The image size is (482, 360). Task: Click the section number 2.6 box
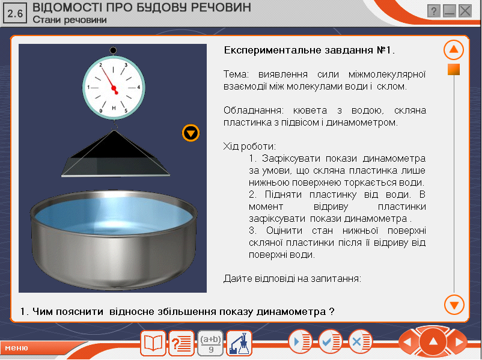point(15,13)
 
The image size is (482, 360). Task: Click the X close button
point(465,11)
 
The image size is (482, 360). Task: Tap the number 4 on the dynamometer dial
point(139,87)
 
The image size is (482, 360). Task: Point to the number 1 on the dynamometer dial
point(88,87)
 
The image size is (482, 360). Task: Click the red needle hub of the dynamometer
point(114,89)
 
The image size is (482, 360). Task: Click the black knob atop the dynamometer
point(113,50)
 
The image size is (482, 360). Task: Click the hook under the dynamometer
point(115,125)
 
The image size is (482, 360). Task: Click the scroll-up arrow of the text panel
point(454,50)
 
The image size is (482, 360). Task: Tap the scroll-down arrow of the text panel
point(454,305)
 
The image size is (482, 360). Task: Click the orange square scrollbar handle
point(454,70)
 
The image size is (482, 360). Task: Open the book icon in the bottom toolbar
point(153,343)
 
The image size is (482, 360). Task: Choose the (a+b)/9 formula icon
point(210,343)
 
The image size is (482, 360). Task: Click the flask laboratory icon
point(239,343)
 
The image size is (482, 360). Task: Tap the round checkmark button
point(330,342)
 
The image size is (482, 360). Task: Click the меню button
point(17,348)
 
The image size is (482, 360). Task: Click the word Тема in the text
point(236,75)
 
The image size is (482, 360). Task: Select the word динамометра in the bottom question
point(291,312)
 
